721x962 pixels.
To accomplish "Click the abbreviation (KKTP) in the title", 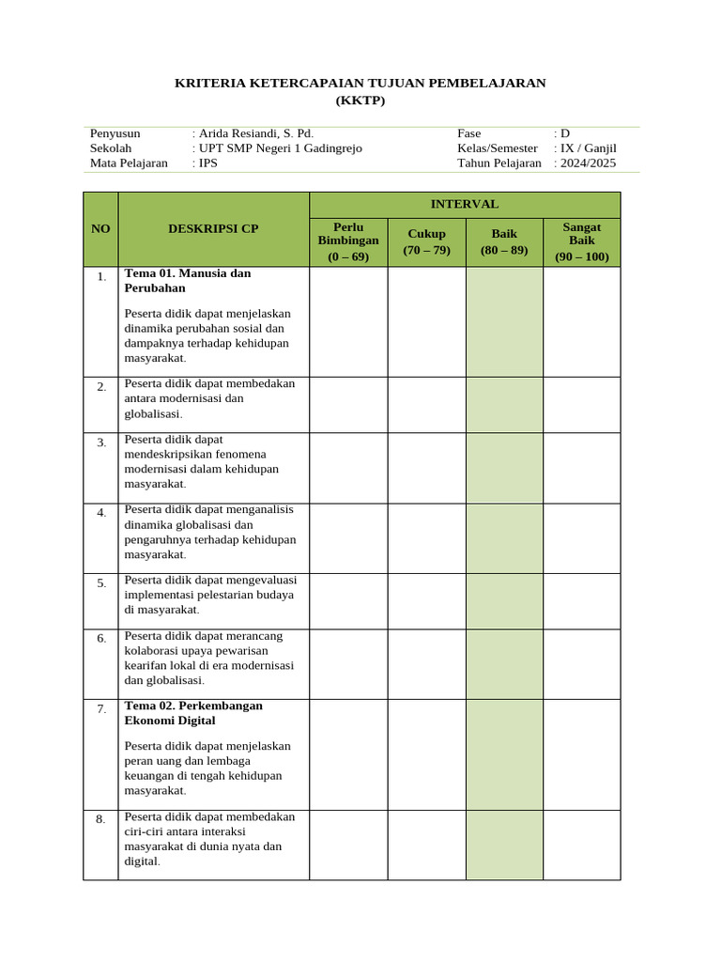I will [360, 101].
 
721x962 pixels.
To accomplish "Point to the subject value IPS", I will [207, 163].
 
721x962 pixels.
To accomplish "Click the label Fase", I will [468, 133].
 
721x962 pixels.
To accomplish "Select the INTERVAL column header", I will [465, 204].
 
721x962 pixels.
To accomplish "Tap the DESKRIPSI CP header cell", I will [213, 228].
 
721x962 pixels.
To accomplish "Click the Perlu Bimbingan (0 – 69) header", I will [348, 241].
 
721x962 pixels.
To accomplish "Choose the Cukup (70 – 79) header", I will [426, 241].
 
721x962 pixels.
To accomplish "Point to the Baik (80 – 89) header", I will [504, 241].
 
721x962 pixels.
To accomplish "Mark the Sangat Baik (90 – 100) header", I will [582, 241].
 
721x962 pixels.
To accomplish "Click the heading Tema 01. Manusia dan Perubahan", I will [188, 280].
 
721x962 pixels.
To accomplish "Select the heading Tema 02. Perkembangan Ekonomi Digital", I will [193, 712].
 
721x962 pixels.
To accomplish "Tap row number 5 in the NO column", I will [100, 583].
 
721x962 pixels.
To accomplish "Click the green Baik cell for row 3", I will [504, 468].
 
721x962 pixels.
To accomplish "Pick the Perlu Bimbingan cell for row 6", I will [348, 663].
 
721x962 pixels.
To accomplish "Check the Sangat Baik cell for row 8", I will [582, 845].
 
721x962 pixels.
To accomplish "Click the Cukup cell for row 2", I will [426, 404].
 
